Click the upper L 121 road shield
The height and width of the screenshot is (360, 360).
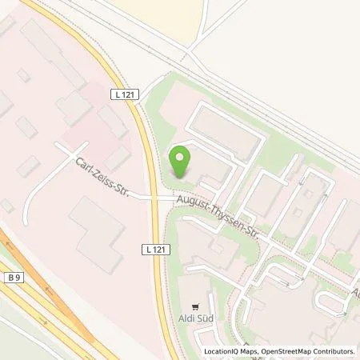[x=122, y=94]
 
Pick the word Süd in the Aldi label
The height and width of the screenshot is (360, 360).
[x=205, y=318]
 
